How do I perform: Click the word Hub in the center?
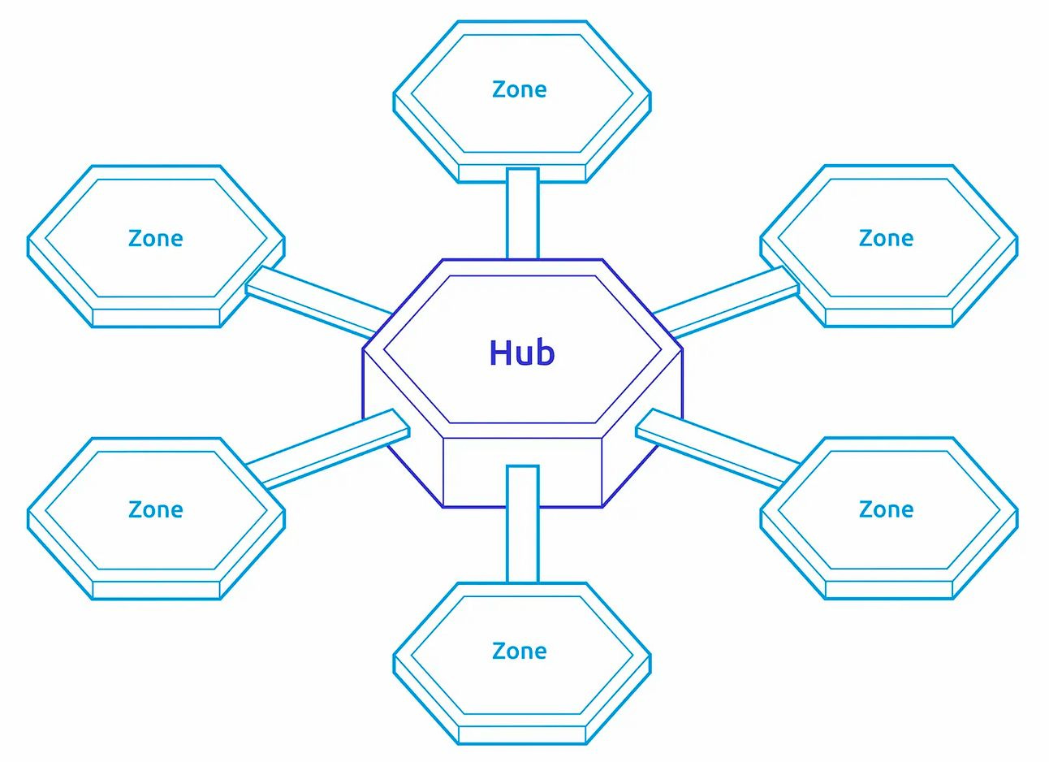point(522,353)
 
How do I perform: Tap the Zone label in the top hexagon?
point(520,89)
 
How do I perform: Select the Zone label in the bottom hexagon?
point(520,651)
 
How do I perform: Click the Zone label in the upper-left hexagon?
point(156,238)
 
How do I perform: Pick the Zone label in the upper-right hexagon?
point(886,238)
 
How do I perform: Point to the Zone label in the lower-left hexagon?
point(156,509)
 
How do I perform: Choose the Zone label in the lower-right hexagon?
point(886,509)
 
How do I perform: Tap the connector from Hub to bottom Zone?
point(522,524)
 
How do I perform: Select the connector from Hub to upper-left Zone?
point(317,301)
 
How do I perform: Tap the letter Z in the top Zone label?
point(499,89)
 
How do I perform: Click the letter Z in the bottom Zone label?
point(499,651)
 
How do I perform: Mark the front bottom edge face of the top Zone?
point(522,174)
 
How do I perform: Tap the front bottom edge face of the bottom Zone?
point(522,735)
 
